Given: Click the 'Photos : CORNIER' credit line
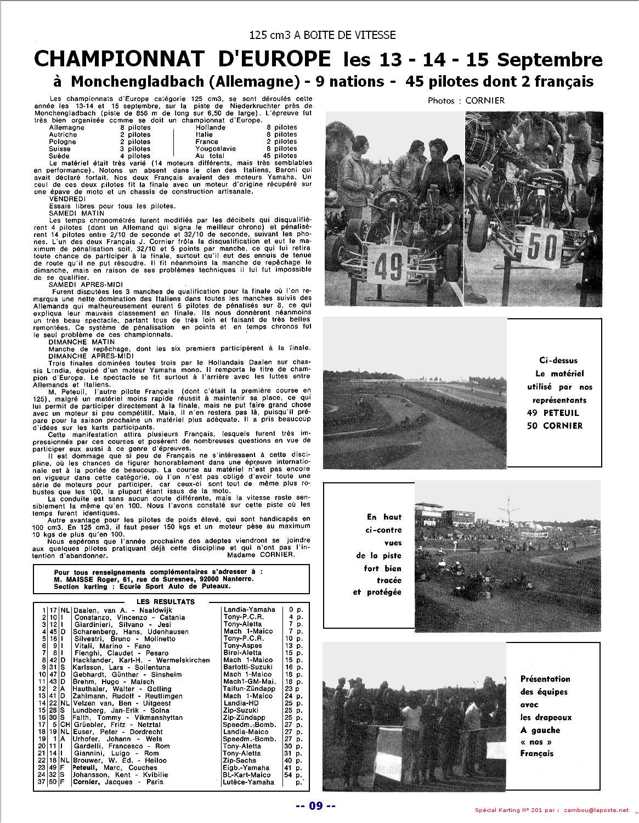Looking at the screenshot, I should coord(466,100).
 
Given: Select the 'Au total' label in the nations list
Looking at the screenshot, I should coord(210,156).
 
